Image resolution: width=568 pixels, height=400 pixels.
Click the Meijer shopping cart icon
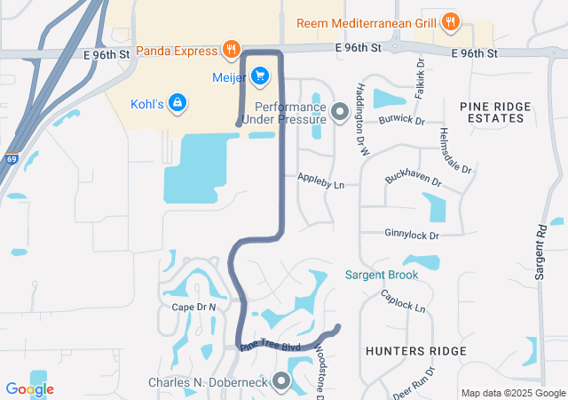coord(260,76)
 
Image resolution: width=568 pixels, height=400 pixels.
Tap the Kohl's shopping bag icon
coord(177,104)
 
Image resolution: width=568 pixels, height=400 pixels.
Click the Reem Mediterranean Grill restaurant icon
coord(452,22)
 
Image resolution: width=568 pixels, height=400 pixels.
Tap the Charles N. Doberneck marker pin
coord(282,383)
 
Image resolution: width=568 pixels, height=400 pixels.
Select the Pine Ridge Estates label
coord(496,112)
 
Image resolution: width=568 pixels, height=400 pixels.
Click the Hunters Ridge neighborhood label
coord(415,351)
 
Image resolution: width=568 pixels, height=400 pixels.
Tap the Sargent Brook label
coord(382,275)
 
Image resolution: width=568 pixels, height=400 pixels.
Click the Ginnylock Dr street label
coord(412,235)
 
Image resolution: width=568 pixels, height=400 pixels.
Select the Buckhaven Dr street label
coord(413,179)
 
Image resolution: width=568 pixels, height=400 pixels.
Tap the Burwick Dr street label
coord(401,120)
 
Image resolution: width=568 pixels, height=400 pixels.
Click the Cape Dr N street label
coord(193,307)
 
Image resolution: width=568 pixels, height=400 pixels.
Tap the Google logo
coord(29,389)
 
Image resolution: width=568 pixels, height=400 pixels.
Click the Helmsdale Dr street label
coord(455,150)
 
